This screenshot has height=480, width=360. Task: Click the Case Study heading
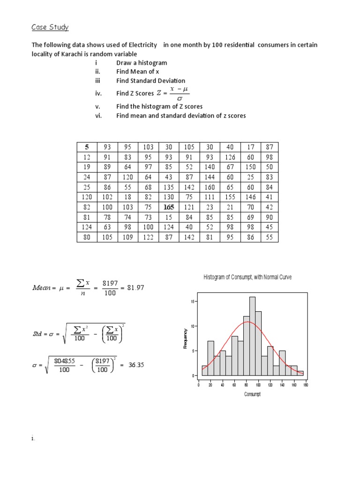(50, 27)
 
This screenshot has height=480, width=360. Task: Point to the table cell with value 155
(229, 196)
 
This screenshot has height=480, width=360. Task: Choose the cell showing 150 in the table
(250, 167)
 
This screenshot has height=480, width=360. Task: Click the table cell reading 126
(229, 157)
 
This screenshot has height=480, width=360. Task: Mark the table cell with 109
(128, 237)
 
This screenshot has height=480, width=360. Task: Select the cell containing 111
(209, 196)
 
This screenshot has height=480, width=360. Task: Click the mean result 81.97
(135, 288)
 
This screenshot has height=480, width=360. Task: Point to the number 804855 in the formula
(63, 361)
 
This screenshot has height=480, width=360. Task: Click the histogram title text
(247, 277)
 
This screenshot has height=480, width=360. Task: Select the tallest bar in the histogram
(252, 336)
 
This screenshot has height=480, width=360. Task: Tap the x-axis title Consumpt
(252, 394)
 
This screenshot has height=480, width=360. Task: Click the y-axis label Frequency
(186, 337)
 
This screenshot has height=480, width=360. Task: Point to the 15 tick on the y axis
(192, 302)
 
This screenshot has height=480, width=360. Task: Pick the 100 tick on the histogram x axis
(258, 385)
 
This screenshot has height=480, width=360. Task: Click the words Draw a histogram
(142, 63)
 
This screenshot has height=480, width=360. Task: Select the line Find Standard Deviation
(150, 81)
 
